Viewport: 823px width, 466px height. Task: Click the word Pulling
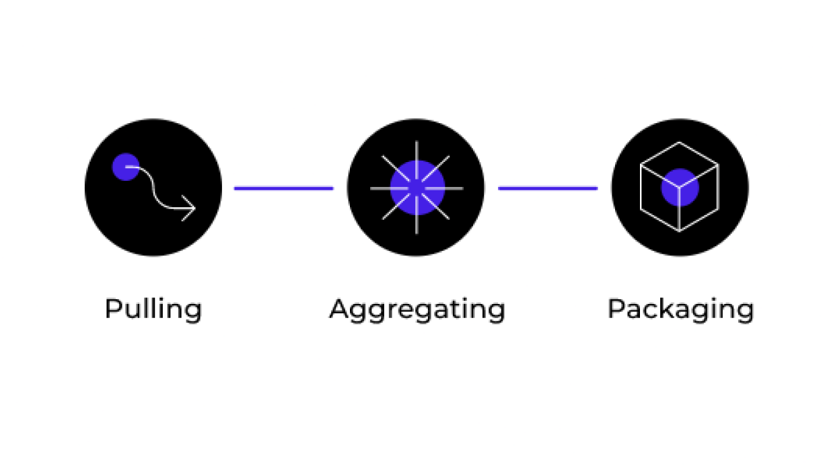coord(153,310)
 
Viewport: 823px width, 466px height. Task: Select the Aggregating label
coord(417,310)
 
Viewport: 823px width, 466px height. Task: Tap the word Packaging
coord(681,310)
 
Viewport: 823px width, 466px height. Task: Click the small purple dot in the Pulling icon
coord(126,167)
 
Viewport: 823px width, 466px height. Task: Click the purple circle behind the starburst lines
coord(417,188)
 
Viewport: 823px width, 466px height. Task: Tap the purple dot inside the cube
coord(680,188)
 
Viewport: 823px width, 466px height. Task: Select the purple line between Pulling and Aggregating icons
coord(283,188)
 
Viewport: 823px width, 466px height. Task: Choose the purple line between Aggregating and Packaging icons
coord(548,188)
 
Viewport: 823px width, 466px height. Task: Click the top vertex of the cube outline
coord(679,142)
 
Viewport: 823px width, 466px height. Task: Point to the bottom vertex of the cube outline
coord(679,232)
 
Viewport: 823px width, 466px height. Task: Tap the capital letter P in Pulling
coord(114,309)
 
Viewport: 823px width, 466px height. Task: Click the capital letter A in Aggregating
coord(338,309)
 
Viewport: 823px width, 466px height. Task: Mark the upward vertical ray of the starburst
coord(417,160)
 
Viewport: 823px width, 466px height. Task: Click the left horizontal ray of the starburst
coord(390,188)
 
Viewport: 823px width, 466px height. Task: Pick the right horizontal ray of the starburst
coord(444,188)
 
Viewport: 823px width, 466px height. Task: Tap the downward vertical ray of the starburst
coord(417,215)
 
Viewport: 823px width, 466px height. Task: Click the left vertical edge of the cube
coord(641,188)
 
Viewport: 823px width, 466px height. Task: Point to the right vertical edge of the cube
coord(718,188)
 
